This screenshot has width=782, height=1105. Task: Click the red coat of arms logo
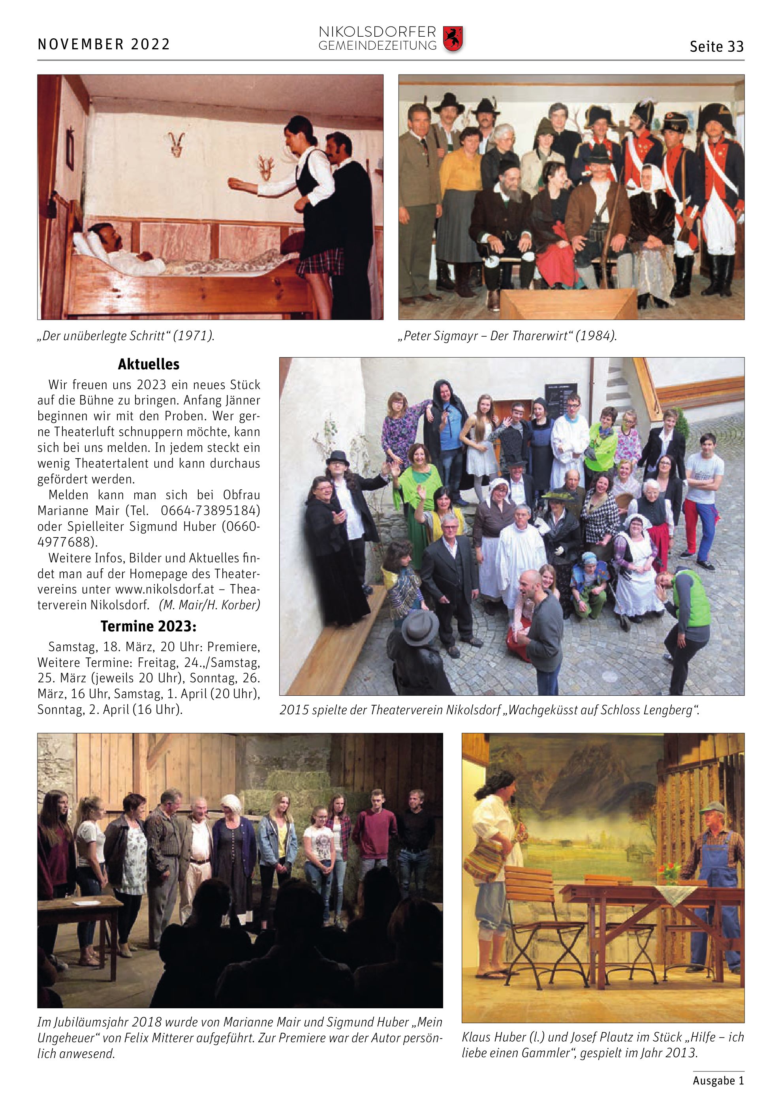coord(453,39)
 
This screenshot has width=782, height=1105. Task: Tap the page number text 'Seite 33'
coord(716,47)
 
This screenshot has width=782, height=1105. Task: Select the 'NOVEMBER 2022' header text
coord(103,44)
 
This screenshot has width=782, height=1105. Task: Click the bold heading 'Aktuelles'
coord(149,364)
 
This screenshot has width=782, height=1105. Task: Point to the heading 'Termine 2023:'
coord(149,626)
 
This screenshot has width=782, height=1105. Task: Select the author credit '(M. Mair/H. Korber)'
coord(209,605)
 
